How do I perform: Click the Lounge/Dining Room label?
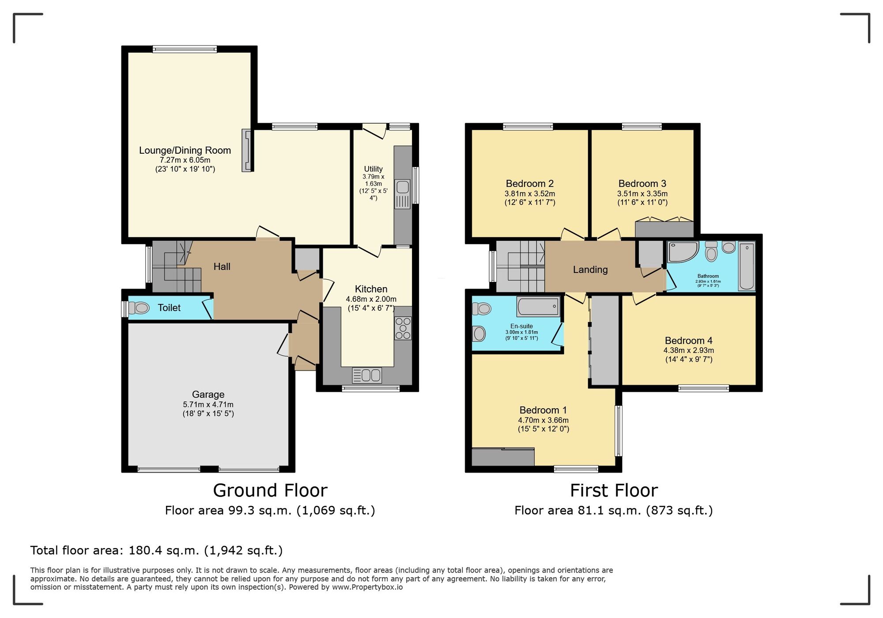185,150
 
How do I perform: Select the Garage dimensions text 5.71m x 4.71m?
208,405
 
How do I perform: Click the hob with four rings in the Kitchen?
403,328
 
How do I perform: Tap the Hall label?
222,267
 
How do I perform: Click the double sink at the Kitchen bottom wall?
367,375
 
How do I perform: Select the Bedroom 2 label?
529,184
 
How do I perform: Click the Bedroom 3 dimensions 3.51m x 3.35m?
642,194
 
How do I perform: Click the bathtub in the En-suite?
538,306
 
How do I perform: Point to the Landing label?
590,270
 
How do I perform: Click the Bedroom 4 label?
688,341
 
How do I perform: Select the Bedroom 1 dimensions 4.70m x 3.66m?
543,421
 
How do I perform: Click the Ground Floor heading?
270,491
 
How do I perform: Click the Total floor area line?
156,550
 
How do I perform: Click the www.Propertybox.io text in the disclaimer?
367,588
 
